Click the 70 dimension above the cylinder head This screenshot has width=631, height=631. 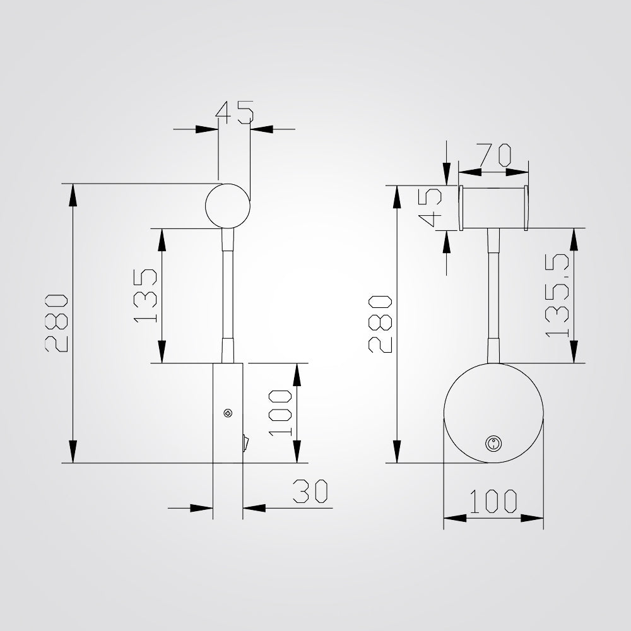[x=493, y=154]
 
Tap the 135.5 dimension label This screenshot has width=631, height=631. [x=558, y=295]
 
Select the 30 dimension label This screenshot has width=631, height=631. [x=312, y=492]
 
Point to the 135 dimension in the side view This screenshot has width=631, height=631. [x=146, y=295]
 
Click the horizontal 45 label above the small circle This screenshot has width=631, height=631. [x=235, y=112]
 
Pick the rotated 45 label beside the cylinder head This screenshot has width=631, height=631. [x=430, y=209]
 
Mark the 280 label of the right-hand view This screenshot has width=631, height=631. [x=382, y=324]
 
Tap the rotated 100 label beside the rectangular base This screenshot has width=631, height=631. [x=279, y=413]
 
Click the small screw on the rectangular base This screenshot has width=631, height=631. [x=227, y=413]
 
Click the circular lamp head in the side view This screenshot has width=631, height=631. [x=228, y=206]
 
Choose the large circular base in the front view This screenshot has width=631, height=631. [x=493, y=413]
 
